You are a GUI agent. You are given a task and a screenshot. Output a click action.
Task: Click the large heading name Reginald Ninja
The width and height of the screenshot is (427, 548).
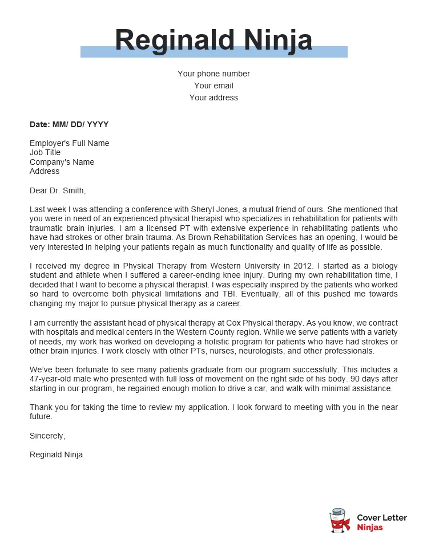[213, 40]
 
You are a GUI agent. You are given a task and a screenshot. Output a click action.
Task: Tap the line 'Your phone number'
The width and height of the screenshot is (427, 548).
[213, 74]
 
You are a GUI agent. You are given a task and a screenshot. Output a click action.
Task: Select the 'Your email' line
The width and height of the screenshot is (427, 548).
[213, 86]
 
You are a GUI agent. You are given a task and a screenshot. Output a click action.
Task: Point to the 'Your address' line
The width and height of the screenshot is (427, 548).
[213, 98]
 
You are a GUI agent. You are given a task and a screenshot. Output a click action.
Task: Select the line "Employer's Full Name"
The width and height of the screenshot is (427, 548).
[70, 143]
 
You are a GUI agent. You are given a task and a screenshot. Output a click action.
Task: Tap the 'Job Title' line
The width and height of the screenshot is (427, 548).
[45, 152]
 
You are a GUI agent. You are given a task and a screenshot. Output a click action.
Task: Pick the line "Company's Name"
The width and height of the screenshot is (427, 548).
[62, 162]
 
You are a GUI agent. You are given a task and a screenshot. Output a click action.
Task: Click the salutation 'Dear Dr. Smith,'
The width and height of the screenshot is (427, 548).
[58, 190]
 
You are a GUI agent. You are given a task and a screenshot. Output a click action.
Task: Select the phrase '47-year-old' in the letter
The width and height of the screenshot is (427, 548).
[51, 379]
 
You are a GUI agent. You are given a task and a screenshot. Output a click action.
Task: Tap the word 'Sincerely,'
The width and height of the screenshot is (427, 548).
[47, 436]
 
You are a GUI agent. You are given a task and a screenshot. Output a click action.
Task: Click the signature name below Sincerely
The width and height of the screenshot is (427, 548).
[56, 454]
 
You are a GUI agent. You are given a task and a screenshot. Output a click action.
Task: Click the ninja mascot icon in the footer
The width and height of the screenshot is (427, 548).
[340, 521]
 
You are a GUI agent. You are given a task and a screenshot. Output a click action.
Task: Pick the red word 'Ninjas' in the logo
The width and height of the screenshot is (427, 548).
[370, 527]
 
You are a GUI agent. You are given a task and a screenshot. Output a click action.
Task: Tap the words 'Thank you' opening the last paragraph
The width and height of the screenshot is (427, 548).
[47, 407]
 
